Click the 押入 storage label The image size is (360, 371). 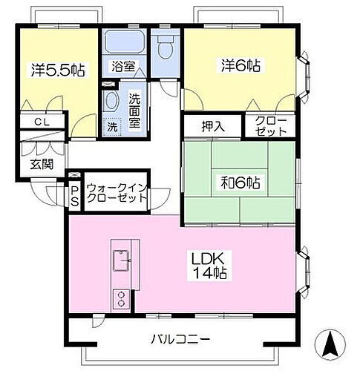point(213,126)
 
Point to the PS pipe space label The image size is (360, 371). point(74,195)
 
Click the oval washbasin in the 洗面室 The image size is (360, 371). point(111,102)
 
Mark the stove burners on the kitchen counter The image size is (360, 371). point(120,298)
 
